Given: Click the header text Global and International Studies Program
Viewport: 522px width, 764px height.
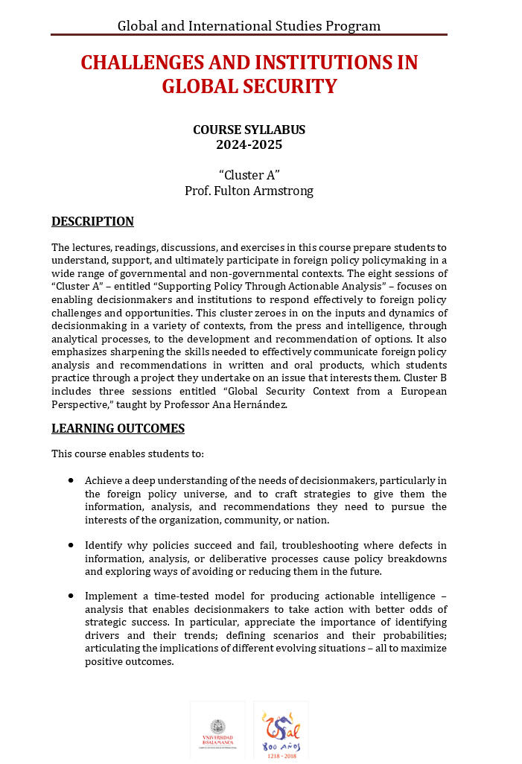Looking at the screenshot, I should pyautogui.click(x=249, y=26).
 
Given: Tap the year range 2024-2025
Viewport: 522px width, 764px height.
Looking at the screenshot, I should pyautogui.click(x=249, y=145).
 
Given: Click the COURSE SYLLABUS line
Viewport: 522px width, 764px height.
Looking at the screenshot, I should pyautogui.click(x=249, y=130).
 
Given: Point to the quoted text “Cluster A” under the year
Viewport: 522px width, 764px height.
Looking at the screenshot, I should pyautogui.click(x=249, y=175).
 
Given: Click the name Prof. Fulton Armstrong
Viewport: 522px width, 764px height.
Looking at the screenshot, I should pyautogui.click(x=249, y=191).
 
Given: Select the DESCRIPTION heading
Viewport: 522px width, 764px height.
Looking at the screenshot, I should pyautogui.click(x=92, y=221).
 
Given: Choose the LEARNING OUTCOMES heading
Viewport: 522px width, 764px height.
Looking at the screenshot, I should pyautogui.click(x=118, y=428).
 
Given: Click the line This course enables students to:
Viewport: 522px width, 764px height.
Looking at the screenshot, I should pyautogui.click(x=127, y=453).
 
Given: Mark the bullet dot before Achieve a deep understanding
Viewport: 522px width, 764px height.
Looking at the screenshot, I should pyautogui.click(x=71, y=481).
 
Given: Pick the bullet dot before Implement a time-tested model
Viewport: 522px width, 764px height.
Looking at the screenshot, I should pyautogui.click(x=71, y=596).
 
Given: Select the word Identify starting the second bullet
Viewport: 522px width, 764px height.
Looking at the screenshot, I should pyautogui.click(x=104, y=546).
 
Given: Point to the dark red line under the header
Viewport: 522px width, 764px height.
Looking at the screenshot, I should pyautogui.click(x=249, y=35).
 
